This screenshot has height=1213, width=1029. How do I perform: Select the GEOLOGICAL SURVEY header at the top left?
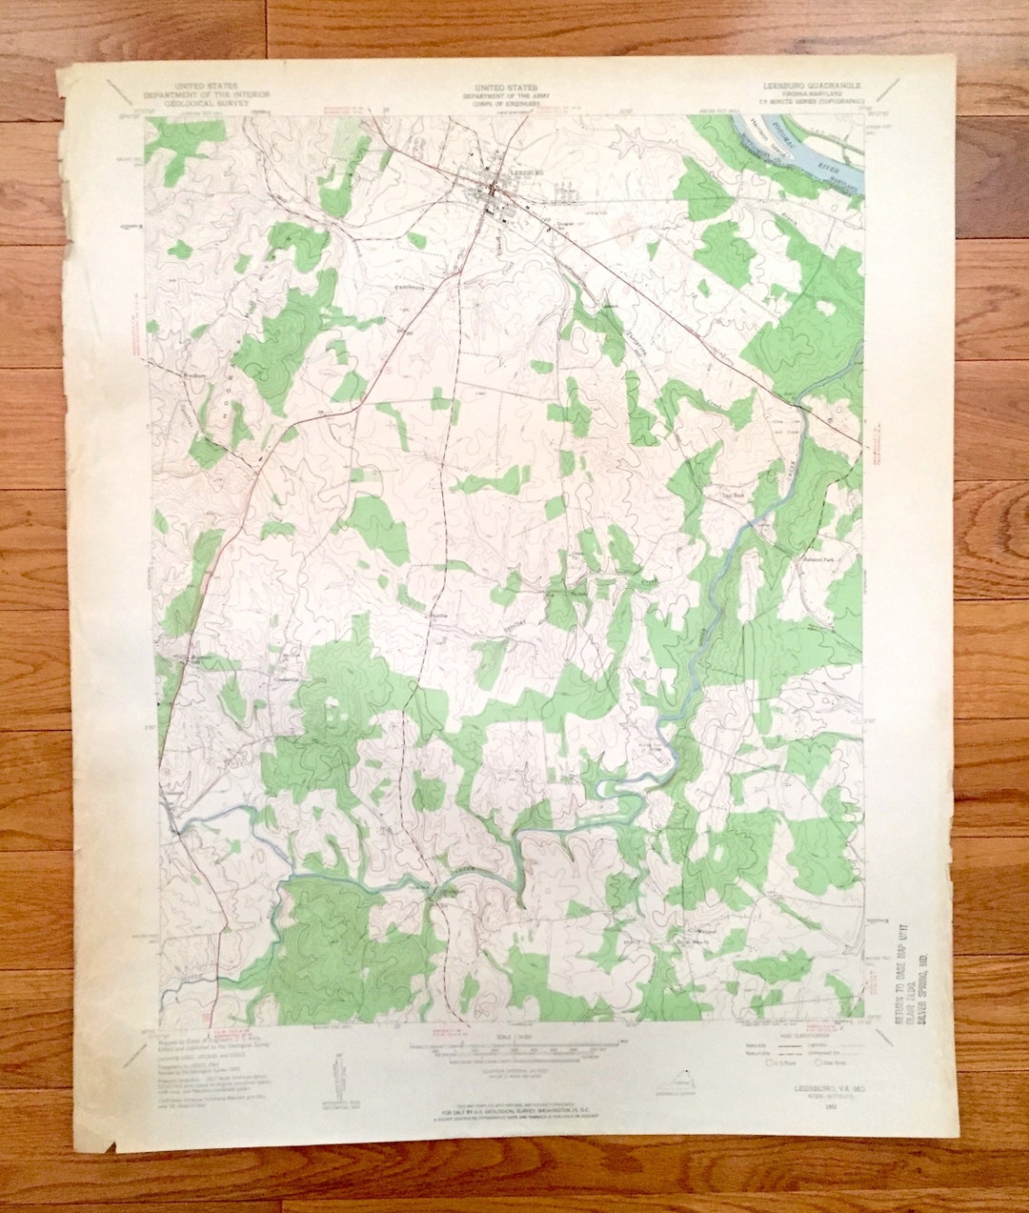(x=206, y=104)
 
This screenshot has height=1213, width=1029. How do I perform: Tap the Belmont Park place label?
(x=817, y=559)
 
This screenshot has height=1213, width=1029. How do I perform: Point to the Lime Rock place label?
(x=732, y=496)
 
